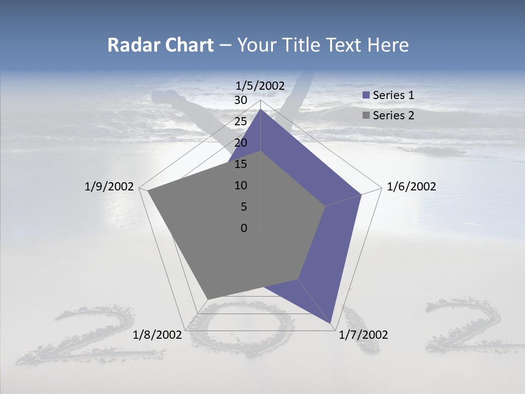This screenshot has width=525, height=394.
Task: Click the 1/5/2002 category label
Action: tap(260, 85)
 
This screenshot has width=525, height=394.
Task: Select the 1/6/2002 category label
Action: tap(411, 187)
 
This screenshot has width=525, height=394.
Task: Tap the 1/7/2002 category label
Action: tap(363, 335)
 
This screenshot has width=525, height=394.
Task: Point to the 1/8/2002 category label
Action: tap(157, 335)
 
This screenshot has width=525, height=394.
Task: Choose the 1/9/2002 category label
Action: tap(109, 187)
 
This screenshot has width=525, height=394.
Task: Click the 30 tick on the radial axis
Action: tap(240, 100)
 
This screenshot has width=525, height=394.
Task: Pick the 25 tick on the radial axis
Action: tap(240, 121)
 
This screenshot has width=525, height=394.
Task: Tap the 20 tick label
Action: tap(240, 143)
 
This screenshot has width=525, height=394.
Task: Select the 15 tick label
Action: tap(240, 164)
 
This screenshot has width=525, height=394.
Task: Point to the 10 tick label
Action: tap(240, 186)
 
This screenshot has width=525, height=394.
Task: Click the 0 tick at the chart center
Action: tap(243, 228)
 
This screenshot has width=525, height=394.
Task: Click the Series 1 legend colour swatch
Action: tap(366, 95)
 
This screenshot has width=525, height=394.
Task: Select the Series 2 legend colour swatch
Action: tap(366, 115)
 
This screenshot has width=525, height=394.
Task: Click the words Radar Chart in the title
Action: tap(160, 45)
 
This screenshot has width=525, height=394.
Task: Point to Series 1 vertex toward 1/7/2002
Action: tap(331, 323)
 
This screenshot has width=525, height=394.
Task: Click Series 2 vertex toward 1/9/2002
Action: tap(148, 191)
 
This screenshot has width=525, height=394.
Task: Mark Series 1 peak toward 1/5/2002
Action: tap(260, 109)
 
